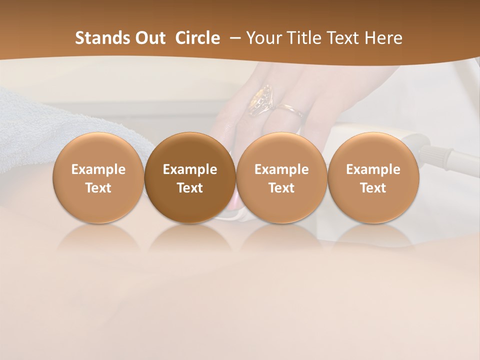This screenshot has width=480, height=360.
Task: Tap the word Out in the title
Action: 149,38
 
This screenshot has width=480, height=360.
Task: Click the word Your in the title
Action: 263,38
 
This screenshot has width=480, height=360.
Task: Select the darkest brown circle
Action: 190,177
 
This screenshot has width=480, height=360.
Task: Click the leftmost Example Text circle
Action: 98,177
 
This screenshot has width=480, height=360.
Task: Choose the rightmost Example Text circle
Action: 373,177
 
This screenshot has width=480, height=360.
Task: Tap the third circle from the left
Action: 281,177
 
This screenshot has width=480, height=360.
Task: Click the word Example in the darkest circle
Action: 190,169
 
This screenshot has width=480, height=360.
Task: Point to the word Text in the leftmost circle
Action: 98,188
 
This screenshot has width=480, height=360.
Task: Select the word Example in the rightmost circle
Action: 373,169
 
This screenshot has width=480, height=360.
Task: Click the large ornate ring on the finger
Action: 261,99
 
